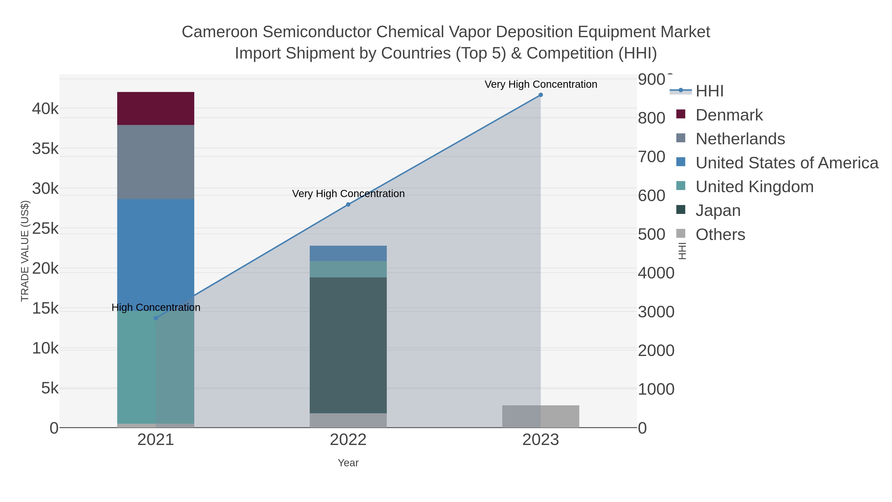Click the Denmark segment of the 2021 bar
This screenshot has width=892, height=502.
pyautogui.click(x=155, y=108)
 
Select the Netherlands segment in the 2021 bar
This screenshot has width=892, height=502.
pyautogui.click(x=155, y=162)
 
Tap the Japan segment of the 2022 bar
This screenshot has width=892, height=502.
pyautogui.click(x=348, y=345)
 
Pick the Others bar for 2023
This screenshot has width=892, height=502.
pyautogui.click(x=541, y=416)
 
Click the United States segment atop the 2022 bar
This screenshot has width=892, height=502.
pyautogui.click(x=348, y=253)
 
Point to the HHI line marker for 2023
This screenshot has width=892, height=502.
pyautogui.click(x=541, y=95)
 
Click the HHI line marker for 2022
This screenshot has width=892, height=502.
pyautogui.click(x=348, y=205)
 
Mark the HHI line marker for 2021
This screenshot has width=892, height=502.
pyautogui.click(x=155, y=318)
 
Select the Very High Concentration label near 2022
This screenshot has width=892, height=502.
pyautogui.click(x=348, y=194)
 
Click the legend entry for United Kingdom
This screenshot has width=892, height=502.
pyautogui.click(x=754, y=187)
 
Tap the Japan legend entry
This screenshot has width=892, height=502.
pyautogui.click(x=718, y=211)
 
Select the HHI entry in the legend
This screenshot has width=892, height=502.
pyautogui.click(x=709, y=91)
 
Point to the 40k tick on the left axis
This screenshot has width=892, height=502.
pyautogui.click(x=45, y=109)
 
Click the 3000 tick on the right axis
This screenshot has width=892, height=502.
pyautogui.click(x=656, y=312)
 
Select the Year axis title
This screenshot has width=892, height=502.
pyautogui.click(x=348, y=463)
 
